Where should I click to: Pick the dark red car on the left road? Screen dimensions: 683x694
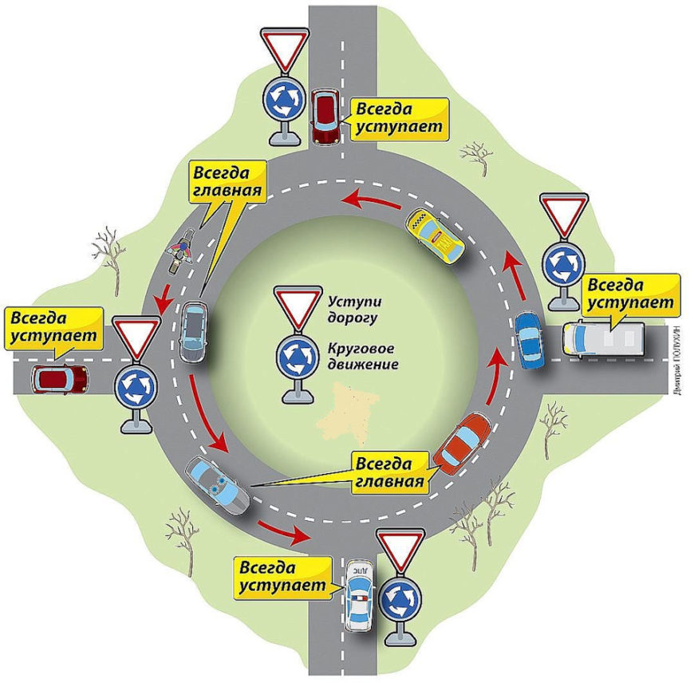point(60,378)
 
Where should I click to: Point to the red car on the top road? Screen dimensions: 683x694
point(325,118)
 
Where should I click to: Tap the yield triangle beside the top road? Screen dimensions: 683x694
point(283,49)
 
